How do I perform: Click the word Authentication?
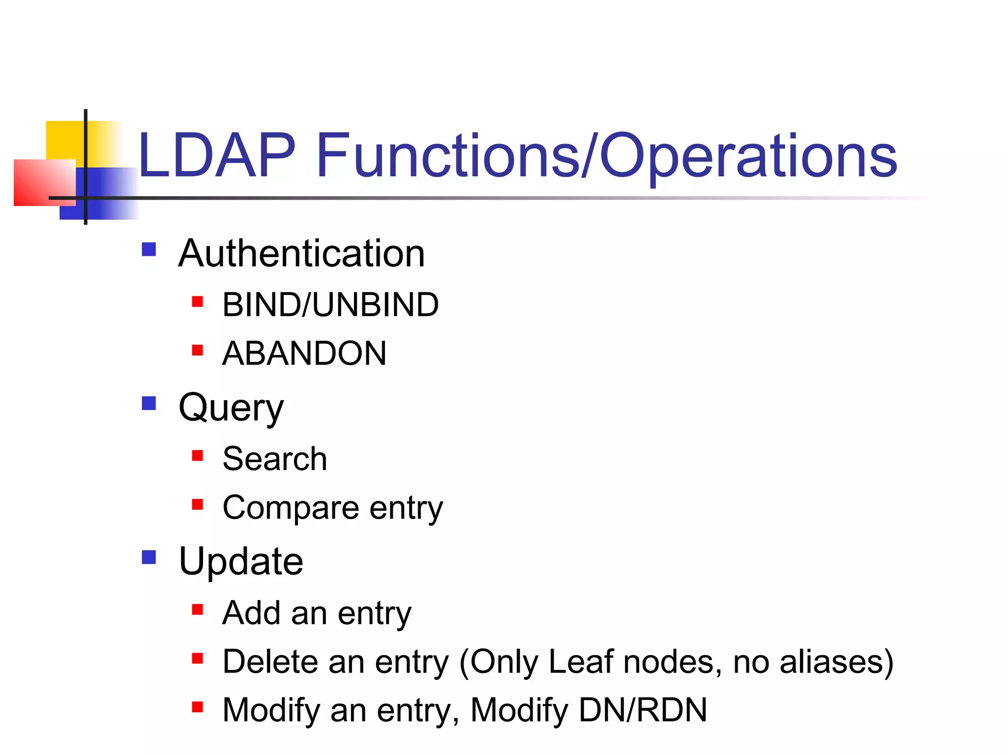click(301, 254)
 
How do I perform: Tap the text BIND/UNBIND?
click(330, 305)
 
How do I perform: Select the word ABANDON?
click(304, 353)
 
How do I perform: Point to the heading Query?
click(231, 408)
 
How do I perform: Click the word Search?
click(274, 459)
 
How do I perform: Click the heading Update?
click(241, 561)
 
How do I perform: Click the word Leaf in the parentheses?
click(581, 662)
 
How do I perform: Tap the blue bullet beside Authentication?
click(148, 250)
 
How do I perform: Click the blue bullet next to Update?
click(148, 557)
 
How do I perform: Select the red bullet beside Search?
click(198, 456)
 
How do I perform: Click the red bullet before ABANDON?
click(198, 350)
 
